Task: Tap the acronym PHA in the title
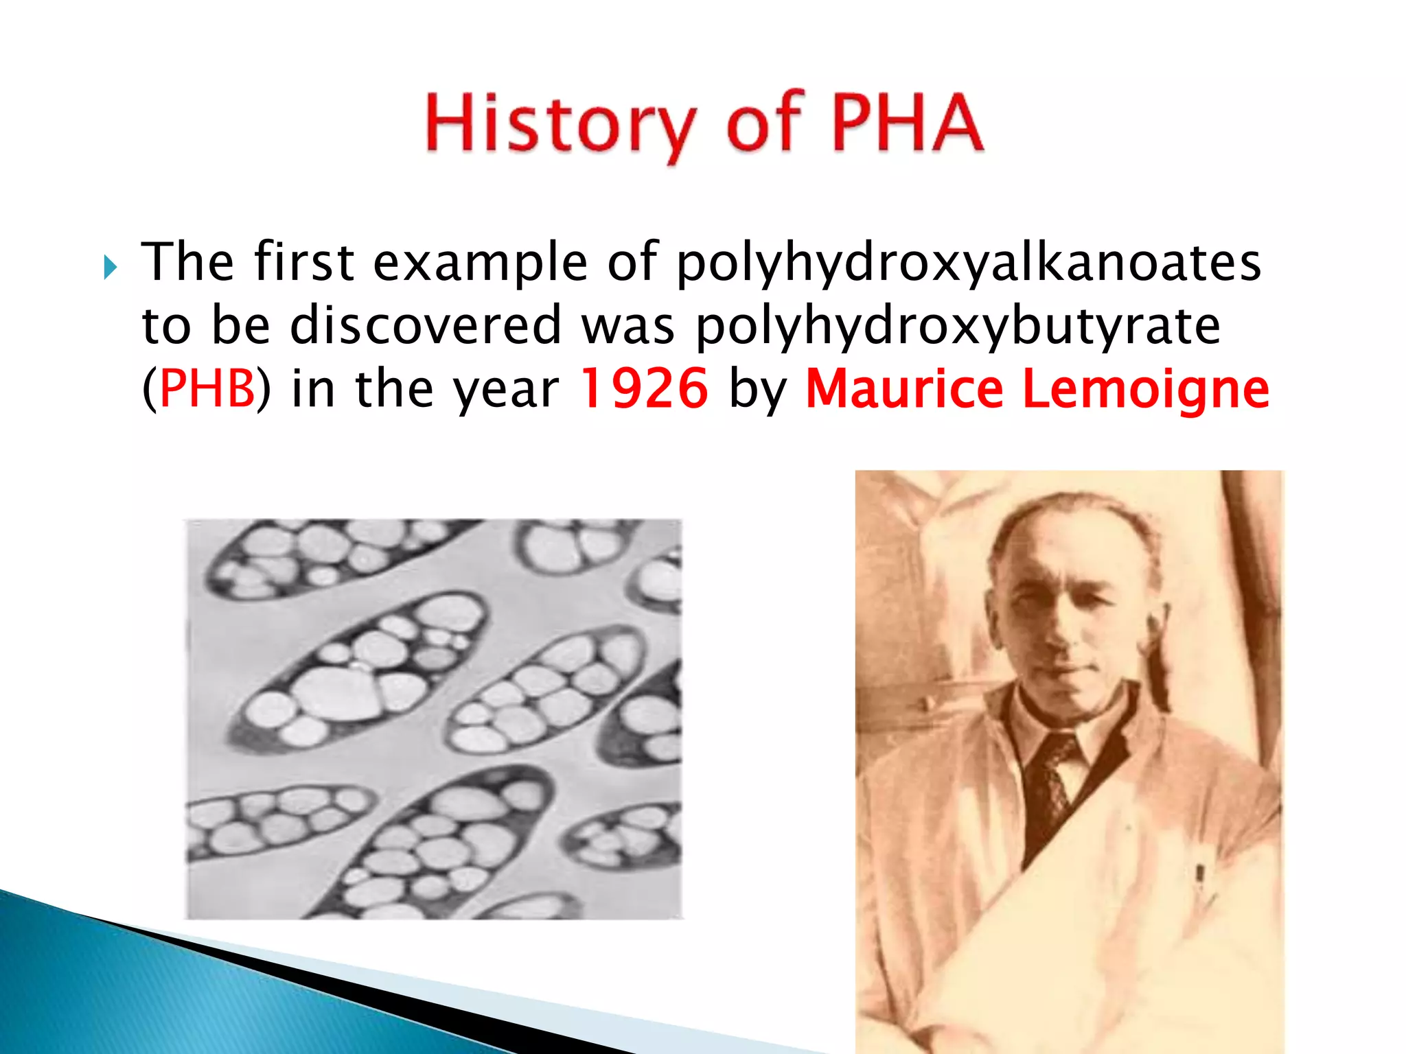click(x=908, y=122)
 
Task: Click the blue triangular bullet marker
click(x=111, y=267)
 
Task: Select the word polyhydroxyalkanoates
click(x=969, y=263)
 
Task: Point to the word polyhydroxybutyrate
click(x=958, y=326)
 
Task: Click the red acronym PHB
click(x=207, y=388)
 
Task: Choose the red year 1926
click(x=643, y=388)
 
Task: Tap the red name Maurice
click(x=904, y=388)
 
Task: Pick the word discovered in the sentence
click(x=426, y=325)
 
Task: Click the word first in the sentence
click(x=303, y=262)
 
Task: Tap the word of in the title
click(x=764, y=122)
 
